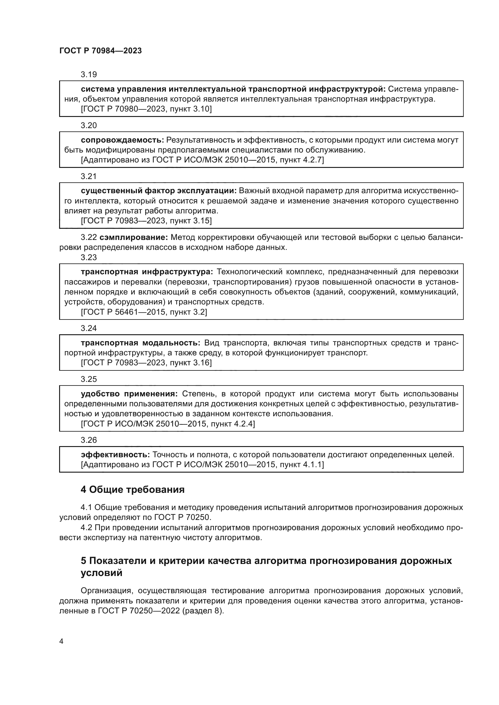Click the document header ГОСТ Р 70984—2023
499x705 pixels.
point(100,51)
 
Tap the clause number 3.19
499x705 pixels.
point(88,74)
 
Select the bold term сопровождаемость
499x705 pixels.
point(122,140)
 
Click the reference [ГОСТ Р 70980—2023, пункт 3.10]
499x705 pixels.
point(146,109)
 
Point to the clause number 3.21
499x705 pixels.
point(88,176)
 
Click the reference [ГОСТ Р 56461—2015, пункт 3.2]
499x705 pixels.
point(144,312)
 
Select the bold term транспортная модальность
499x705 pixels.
point(140,343)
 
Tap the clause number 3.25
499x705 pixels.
point(88,379)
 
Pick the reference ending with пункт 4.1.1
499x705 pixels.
point(202,464)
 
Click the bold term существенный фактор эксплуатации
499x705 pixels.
point(159,191)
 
